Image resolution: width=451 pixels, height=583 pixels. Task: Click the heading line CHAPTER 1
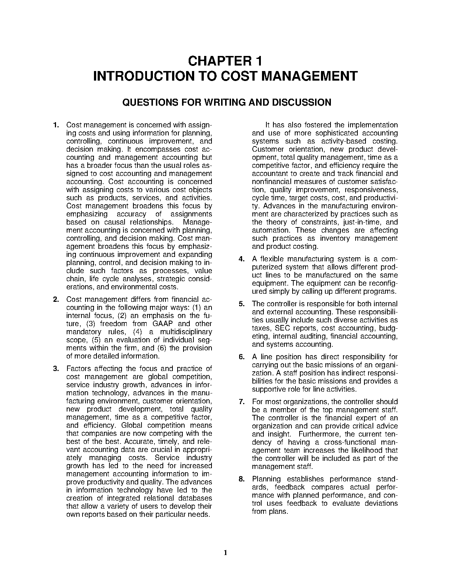(225, 61)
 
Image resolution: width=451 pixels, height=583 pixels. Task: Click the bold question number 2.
(56, 300)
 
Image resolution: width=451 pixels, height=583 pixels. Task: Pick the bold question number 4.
(242, 259)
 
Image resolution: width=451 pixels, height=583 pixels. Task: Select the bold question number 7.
(242, 402)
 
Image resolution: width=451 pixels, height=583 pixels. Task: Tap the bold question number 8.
(242, 479)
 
